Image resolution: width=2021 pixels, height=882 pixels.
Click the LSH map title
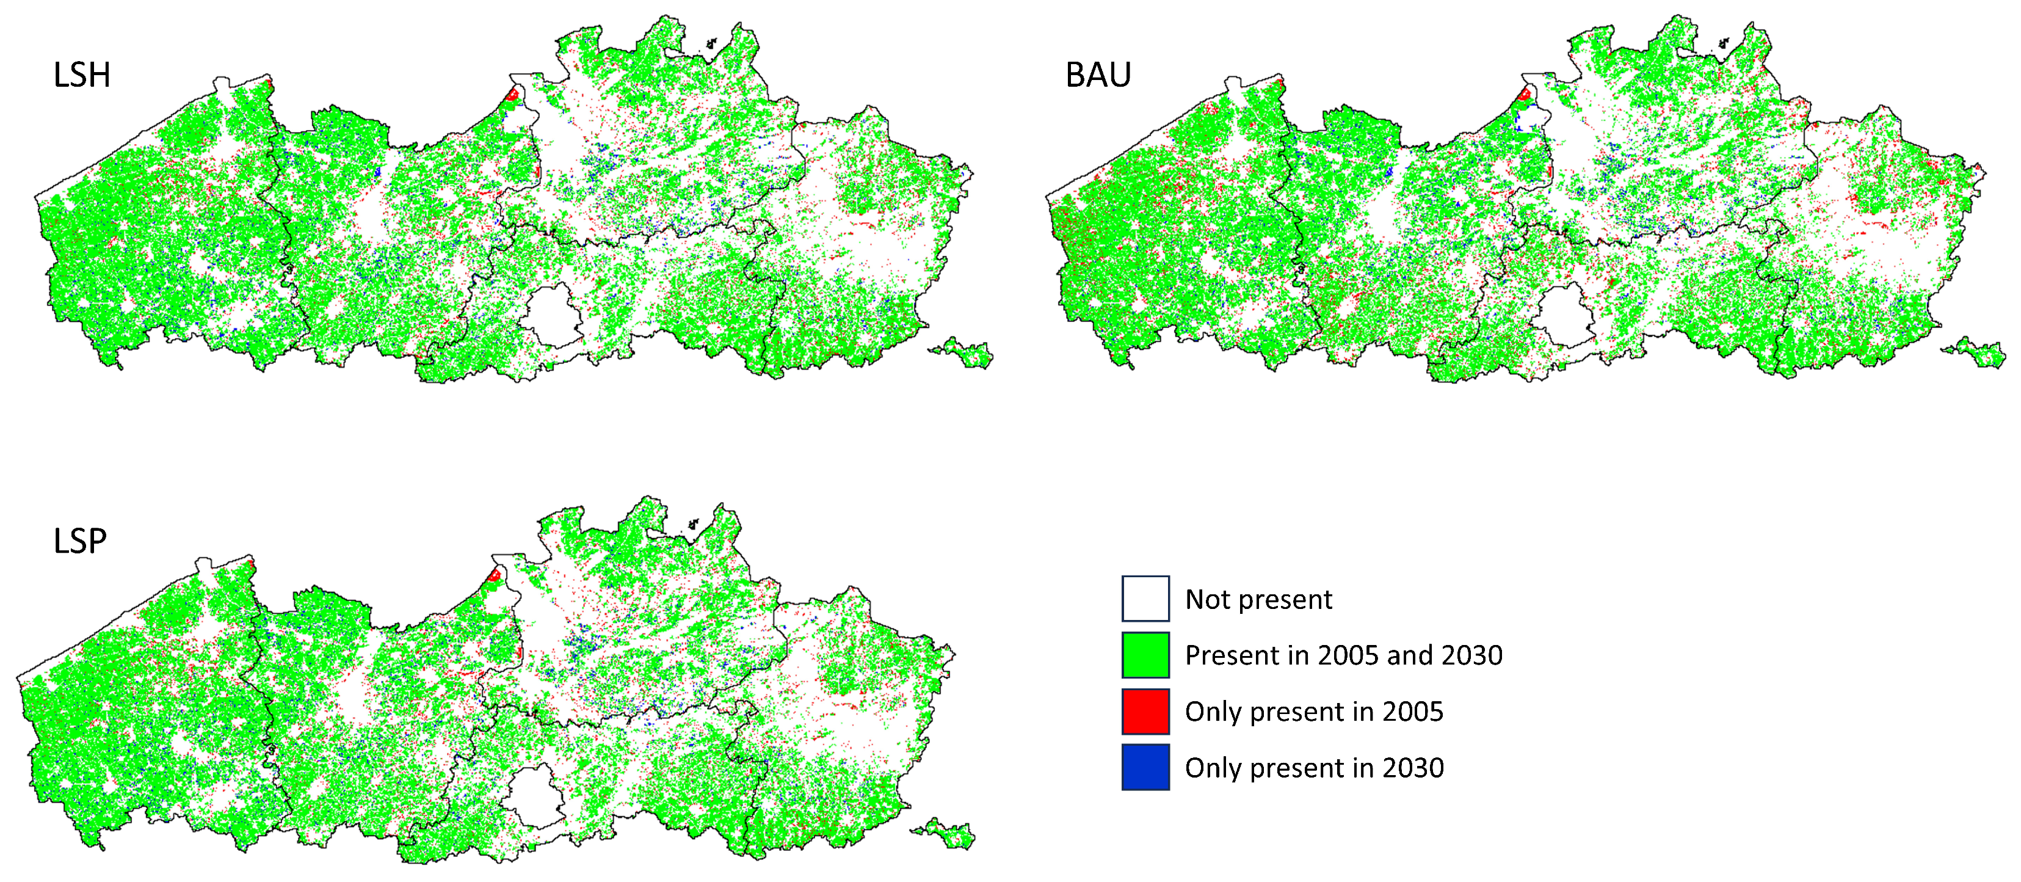click(82, 75)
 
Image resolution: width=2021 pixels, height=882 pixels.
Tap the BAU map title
click(1098, 75)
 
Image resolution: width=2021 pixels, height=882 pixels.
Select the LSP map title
click(79, 541)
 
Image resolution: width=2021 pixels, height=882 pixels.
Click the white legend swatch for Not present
click(1145, 599)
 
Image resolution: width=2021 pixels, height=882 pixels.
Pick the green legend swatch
click(1145, 655)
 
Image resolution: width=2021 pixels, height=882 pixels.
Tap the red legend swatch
click(1145, 711)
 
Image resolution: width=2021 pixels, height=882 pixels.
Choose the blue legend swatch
click(1145, 767)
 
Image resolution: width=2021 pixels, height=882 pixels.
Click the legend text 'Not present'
click(1258, 600)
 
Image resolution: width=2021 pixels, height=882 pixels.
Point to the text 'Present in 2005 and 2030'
click(1343, 655)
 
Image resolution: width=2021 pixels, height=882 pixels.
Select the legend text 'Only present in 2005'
click(1313, 712)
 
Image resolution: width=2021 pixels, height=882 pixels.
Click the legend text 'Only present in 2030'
click(1313, 767)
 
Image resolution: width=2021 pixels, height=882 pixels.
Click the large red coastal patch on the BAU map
click(1523, 95)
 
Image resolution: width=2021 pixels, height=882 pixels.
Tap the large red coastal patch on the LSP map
click(495, 575)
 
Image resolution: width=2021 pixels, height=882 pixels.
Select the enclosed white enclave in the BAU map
click(1564, 315)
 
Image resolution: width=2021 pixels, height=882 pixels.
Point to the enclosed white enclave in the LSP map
click(534, 796)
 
